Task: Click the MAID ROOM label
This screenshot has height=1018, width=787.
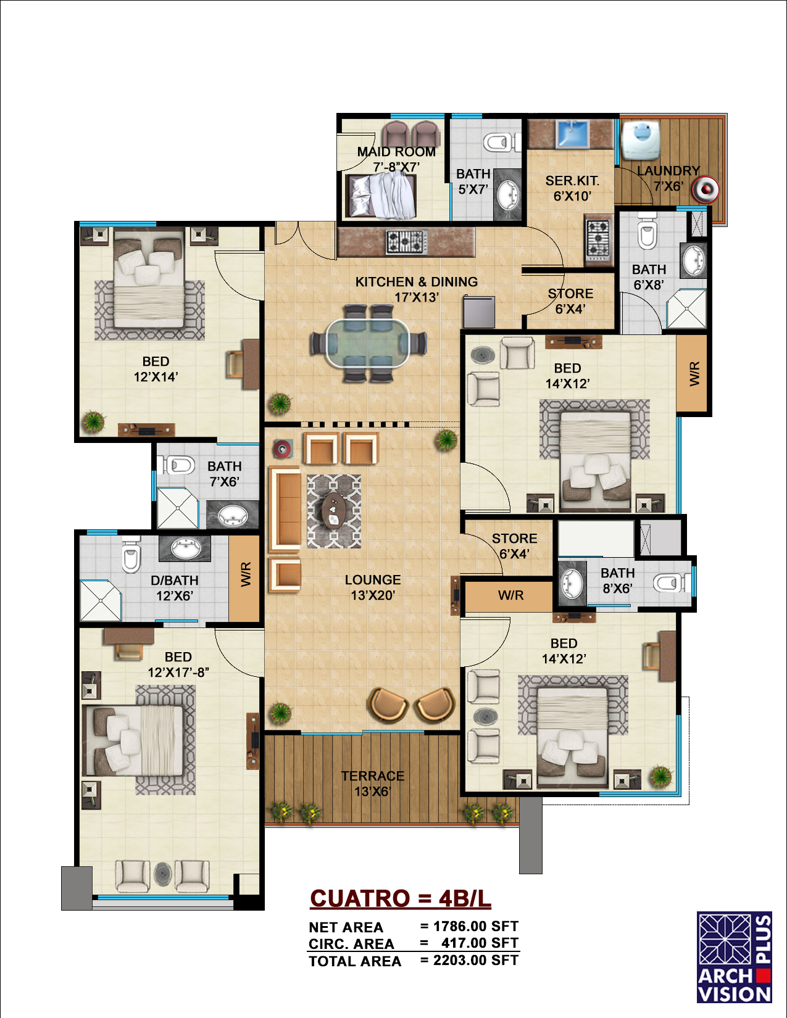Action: coord(396,152)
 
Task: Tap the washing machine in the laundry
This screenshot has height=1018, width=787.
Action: coord(641,139)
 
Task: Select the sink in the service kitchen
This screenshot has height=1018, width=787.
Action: coord(572,133)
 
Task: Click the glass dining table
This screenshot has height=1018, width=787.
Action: coord(367,343)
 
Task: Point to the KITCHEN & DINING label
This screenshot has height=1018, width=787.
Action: coord(416,281)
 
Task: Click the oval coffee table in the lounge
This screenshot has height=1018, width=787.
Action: coord(334,511)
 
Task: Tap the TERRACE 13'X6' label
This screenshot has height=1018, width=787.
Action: coord(373,784)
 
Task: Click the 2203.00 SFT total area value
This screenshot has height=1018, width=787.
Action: coord(475,960)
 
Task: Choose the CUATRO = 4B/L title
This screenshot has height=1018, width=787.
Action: coord(401,898)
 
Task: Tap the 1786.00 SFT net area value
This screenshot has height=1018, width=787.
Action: coord(475,926)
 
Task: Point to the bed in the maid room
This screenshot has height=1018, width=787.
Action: coord(381,195)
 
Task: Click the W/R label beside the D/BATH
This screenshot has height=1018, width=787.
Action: coord(246,575)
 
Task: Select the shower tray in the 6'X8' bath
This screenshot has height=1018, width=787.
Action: coord(686,308)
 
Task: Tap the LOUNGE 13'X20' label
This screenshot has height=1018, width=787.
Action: coord(373,587)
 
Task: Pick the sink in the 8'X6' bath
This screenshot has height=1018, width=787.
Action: coord(572,584)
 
